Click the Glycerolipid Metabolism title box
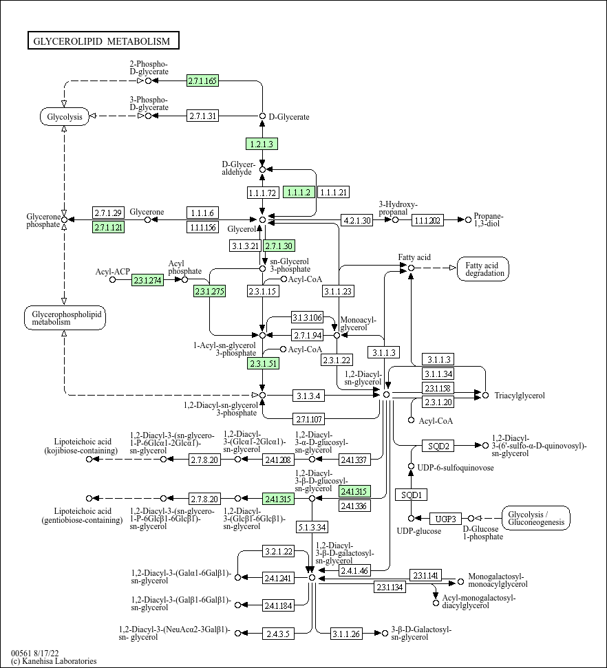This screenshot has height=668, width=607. click(103, 41)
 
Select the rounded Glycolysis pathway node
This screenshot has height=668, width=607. click(65, 116)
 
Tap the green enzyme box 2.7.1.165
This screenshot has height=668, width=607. click(202, 80)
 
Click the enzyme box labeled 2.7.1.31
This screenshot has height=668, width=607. click(202, 116)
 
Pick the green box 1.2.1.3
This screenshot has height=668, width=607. click(262, 144)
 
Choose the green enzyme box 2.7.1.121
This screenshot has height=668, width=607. click(108, 227)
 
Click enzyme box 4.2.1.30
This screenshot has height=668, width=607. click(356, 220)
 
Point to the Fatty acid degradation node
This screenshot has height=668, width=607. click(483, 269)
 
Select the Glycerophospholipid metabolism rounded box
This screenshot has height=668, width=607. click(65, 317)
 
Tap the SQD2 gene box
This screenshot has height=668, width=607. click(438, 446)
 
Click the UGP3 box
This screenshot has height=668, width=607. click(445, 519)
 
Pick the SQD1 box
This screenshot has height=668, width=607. click(411, 495)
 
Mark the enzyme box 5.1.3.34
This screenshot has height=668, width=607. click(312, 527)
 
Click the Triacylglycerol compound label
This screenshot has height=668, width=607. click(520, 396)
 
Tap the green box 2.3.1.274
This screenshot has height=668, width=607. click(147, 280)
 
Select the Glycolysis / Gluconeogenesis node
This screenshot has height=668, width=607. click(536, 518)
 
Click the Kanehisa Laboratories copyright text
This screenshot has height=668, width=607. click(54, 661)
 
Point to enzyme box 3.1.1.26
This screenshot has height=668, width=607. click(347, 634)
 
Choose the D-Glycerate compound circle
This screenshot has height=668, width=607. click(263, 116)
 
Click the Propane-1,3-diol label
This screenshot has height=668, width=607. click(489, 220)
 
